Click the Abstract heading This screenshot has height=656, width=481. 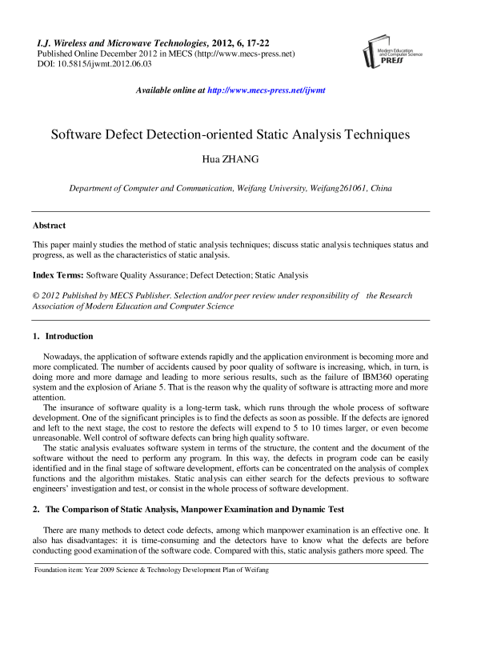click(49, 226)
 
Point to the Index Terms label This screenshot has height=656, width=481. click(58, 274)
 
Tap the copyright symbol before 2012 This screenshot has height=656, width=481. click(35, 295)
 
